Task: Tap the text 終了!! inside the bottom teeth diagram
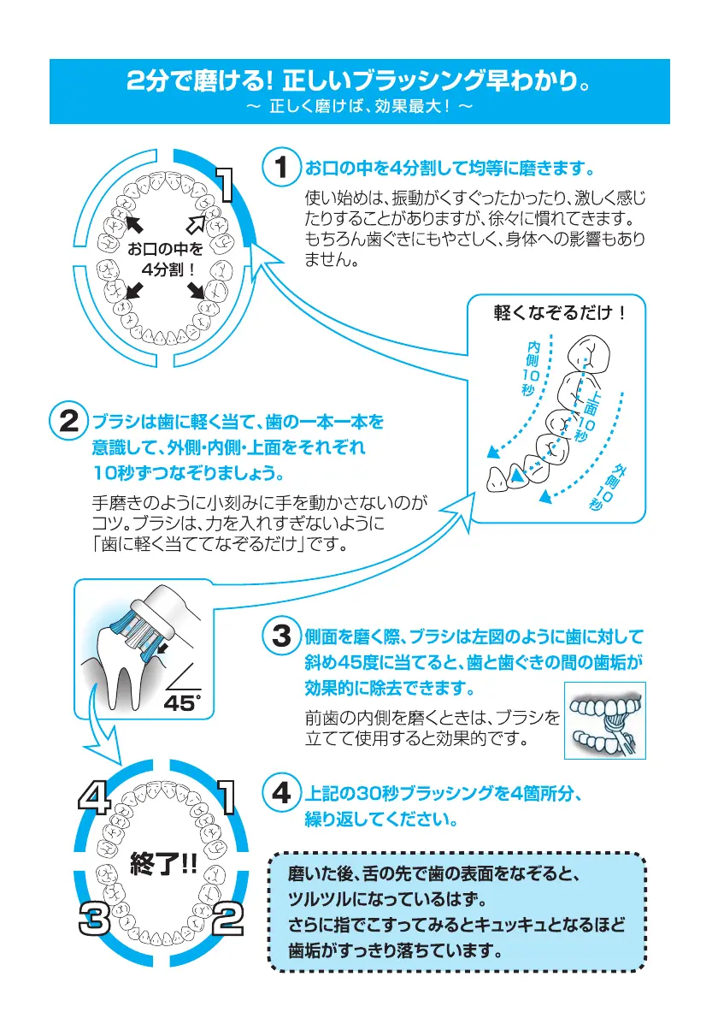pyautogui.click(x=162, y=861)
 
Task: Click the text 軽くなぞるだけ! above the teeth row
pyautogui.click(x=560, y=313)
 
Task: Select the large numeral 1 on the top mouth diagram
pyautogui.click(x=225, y=186)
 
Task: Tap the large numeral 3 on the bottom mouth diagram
pyautogui.click(x=92, y=920)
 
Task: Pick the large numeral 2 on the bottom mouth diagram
pyautogui.click(x=227, y=920)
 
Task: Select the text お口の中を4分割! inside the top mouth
pyautogui.click(x=165, y=259)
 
